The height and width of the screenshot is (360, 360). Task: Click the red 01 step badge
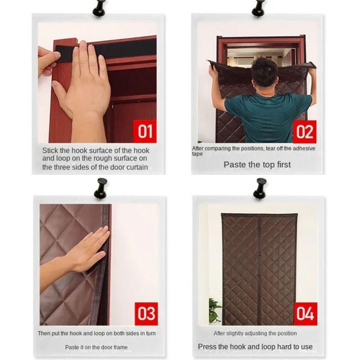point(145,131)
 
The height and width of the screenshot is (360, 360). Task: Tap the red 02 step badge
point(305,132)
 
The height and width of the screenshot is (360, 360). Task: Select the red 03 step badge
point(146,314)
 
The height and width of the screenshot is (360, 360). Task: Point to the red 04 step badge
point(306,314)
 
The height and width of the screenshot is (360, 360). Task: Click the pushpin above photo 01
point(99,9)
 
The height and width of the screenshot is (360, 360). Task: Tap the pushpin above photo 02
point(258,9)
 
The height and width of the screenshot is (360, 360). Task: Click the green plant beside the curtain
point(215,310)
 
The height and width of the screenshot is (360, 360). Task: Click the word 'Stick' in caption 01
point(50,150)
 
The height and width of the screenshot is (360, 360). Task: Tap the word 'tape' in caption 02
point(197,154)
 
